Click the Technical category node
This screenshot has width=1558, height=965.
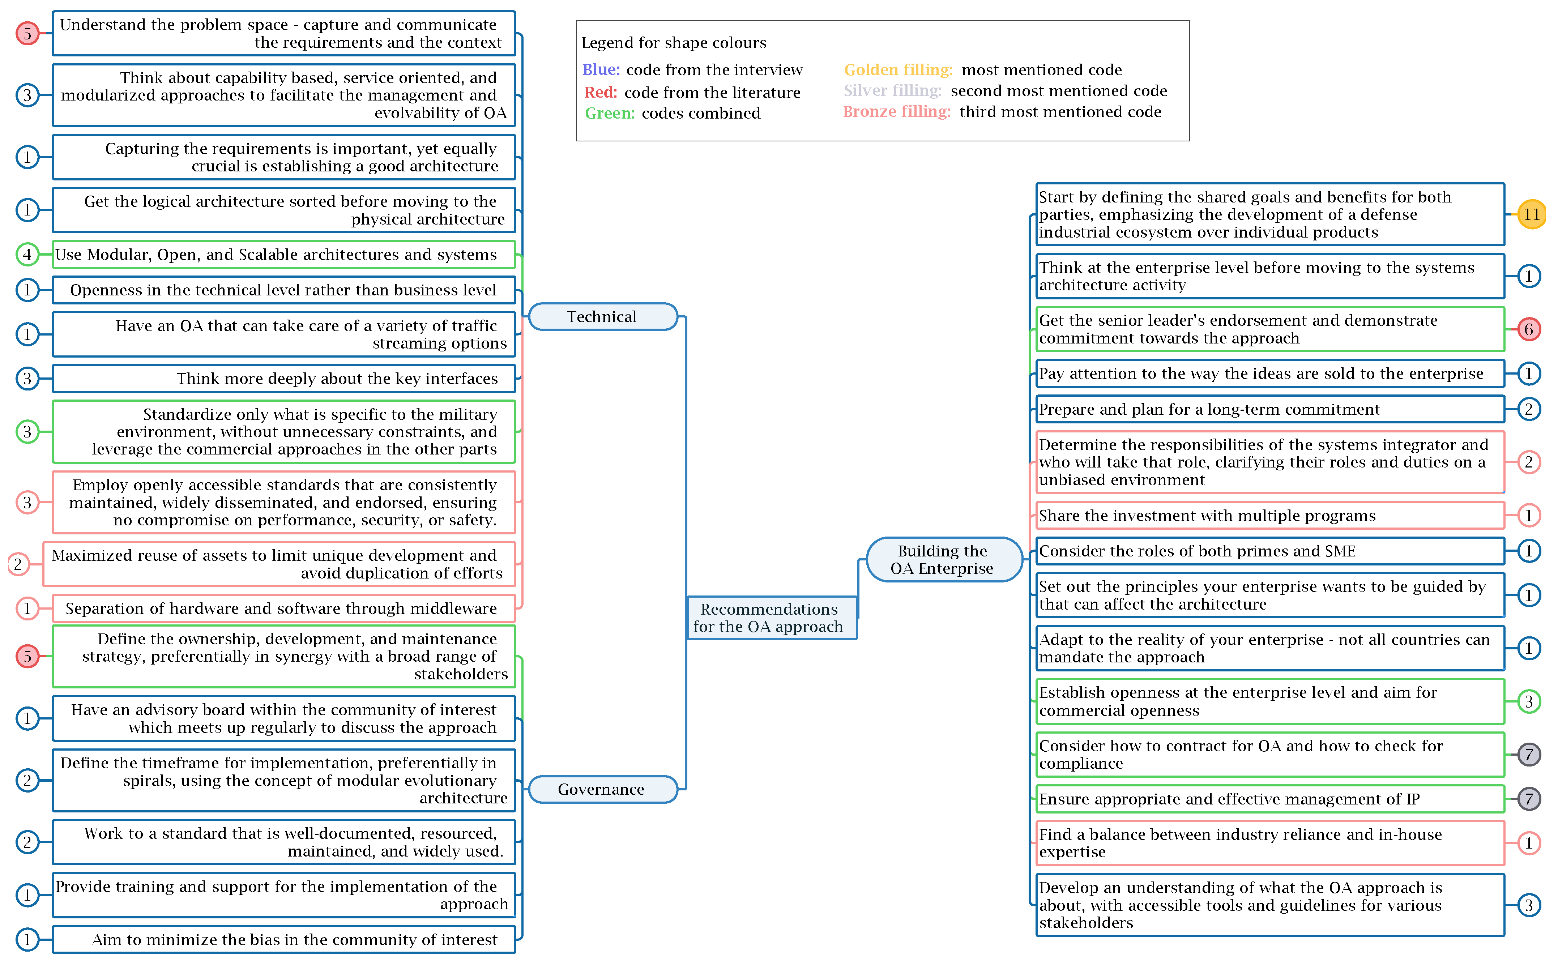point(602,317)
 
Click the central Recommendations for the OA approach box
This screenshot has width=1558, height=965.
point(771,618)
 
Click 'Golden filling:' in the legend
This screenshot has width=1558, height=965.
point(897,69)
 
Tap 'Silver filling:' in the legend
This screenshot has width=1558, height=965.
point(892,91)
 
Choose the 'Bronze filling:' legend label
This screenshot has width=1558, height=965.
point(896,112)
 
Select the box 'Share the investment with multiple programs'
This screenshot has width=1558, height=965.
point(1269,515)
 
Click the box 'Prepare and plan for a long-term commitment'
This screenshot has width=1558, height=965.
point(1269,409)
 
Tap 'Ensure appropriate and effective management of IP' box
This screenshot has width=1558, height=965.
point(1269,799)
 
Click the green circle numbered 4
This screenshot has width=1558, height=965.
point(27,255)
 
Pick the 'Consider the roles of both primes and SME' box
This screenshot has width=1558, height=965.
point(1269,551)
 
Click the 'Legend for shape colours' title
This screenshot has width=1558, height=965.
point(673,43)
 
